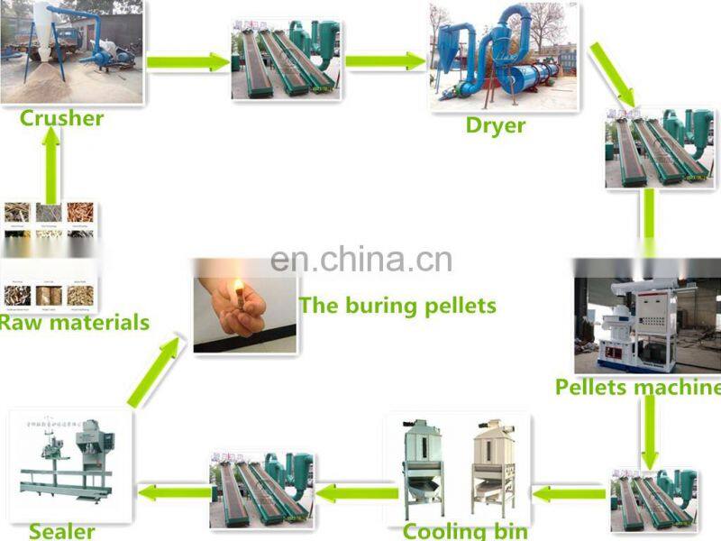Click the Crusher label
click(x=61, y=118)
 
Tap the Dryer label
click(x=495, y=125)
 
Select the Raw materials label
click(x=74, y=322)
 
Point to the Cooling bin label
click(x=465, y=530)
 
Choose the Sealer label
click(x=61, y=530)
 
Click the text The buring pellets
click(x=397, y=306)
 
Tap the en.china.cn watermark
click(x=360, y=261)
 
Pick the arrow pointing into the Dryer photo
click(x=385, y=61)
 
